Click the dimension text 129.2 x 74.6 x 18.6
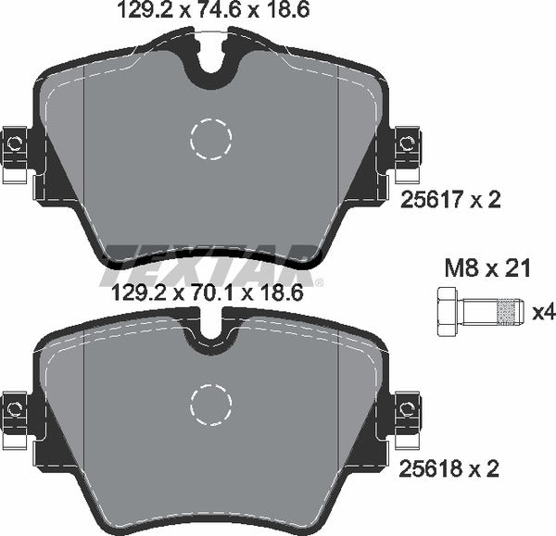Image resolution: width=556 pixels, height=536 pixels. tap(210, 11)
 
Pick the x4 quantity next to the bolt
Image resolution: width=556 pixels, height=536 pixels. tap(544, 313)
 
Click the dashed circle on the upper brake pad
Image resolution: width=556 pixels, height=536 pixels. tap(210, 140)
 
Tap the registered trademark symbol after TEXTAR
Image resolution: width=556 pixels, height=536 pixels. tap(319, 282)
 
